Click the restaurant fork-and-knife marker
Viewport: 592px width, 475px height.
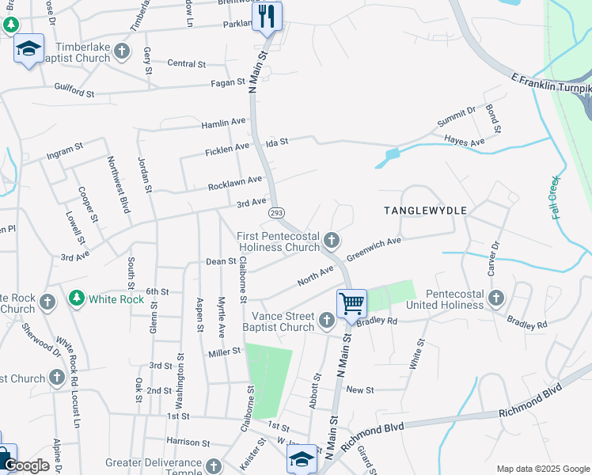point(268,16)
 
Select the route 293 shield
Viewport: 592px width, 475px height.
point(276,214)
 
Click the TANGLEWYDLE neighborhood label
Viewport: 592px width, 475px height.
point(425,211)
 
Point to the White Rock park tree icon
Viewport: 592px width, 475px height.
point(76,298)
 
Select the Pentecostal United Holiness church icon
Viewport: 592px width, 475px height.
point(496,298)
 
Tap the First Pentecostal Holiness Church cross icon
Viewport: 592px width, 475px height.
point(333,240)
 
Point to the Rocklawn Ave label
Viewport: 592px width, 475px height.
point(234,184)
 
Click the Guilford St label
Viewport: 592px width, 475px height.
point(74,90)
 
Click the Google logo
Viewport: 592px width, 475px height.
point(26,465)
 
